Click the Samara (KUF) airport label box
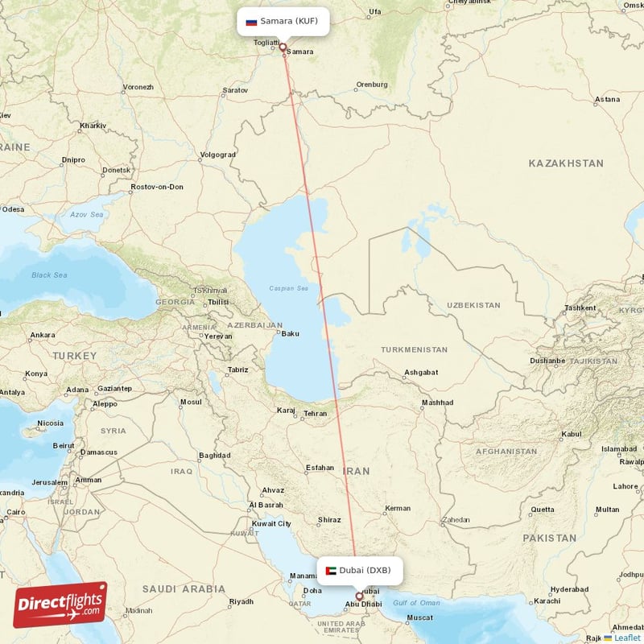(x=283, y=22)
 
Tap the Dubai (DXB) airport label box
(x=358, y=570)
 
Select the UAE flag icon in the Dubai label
(x=330, y=571)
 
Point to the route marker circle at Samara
(x=283, y=47)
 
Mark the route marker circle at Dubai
(x=359, y=597)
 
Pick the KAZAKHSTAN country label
(x=565, y=163)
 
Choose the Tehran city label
(x=315, y=414)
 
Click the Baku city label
(x=290, y=333)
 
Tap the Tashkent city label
(x=580, y=308)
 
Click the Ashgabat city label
(x=420, y=373)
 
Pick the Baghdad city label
(x=214, y=456)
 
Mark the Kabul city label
(x=571, y=434)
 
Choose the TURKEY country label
(x=74, y=355)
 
